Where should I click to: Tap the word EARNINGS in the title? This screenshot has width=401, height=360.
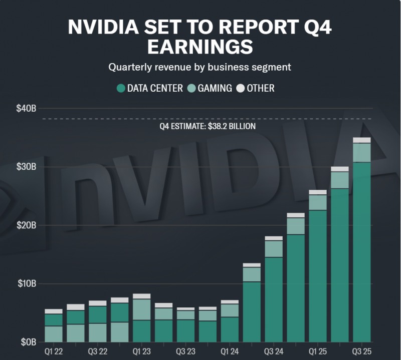click(200, 47)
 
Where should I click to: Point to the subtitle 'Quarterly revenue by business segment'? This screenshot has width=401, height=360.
click(200, 66)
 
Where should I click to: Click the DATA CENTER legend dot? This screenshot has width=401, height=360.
click(121, 89)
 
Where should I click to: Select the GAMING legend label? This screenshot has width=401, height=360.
click(215, 89)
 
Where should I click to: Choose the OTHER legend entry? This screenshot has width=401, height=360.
click(261, 89)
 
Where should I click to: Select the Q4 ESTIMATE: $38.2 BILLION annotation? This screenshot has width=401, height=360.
click(208, 126)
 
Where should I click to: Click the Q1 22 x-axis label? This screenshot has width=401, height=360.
click(54, 351)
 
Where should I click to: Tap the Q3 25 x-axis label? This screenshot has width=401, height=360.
click(362, 351)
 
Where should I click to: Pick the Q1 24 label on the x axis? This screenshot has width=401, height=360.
click(230, 351)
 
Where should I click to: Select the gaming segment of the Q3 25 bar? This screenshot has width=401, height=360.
click(362, 153)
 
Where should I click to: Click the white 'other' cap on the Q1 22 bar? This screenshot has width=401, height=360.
click(54, 311)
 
